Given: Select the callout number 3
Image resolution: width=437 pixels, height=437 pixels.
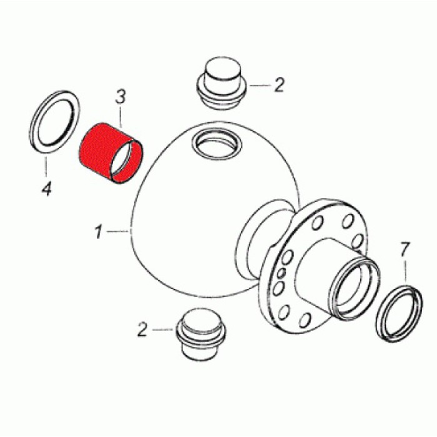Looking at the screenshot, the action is tap(120, 96).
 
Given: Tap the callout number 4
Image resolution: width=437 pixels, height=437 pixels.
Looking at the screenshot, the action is tap(47, 188).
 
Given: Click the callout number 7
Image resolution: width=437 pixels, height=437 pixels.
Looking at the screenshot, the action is tap(405, 250).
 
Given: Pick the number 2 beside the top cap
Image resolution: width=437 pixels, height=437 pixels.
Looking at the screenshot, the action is tap(278, 85).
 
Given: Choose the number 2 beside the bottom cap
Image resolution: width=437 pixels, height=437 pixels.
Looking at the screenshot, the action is tap(142, 329).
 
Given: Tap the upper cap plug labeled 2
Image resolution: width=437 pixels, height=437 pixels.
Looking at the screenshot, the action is tap(222, 84).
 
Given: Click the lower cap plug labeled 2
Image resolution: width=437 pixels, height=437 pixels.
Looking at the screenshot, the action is tap(200, 333).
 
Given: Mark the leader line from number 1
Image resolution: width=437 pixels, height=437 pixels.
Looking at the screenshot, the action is tap(117, 231).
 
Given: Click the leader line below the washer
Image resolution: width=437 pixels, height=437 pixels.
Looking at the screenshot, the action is tap(46, 167).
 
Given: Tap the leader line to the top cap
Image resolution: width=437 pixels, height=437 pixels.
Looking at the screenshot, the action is tap(260, 86).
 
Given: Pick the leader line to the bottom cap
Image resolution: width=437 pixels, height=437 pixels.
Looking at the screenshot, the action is tap(163, 330).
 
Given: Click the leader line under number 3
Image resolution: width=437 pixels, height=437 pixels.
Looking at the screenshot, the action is tap(121, 117).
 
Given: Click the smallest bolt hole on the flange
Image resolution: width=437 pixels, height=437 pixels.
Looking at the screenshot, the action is tap(282, 272).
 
